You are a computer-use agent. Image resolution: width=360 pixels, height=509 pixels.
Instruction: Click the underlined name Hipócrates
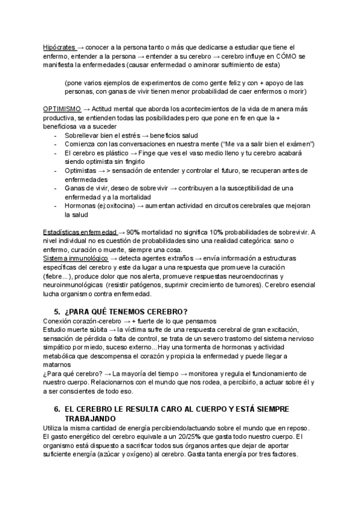[59, 47]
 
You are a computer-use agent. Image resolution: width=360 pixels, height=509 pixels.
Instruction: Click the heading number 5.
[56, 311]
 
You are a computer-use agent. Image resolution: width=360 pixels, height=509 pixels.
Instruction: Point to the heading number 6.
[56, 409]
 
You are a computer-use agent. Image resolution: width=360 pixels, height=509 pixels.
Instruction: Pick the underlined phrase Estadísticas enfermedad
[80, 232]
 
